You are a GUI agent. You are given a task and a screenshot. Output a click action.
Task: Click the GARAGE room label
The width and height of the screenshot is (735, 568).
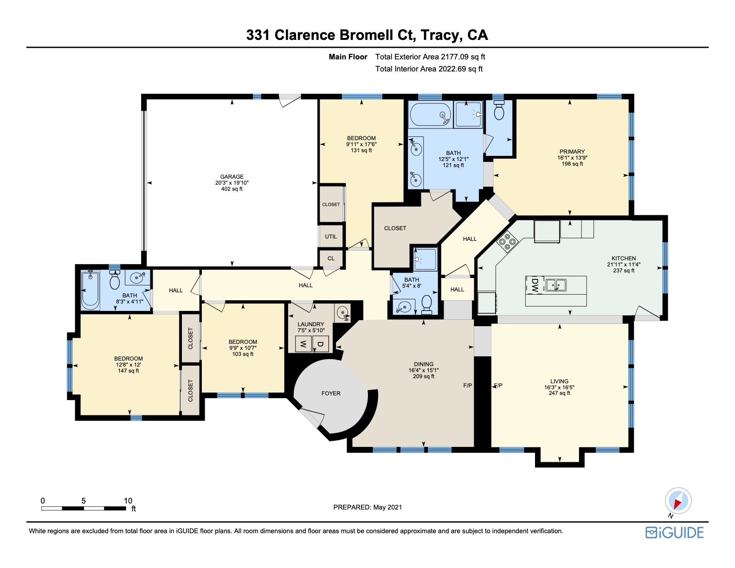point(232,177)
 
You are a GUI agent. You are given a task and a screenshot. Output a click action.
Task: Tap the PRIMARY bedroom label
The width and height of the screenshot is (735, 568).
point(572,152)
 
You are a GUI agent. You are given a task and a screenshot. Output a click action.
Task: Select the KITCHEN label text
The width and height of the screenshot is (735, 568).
point(624,258)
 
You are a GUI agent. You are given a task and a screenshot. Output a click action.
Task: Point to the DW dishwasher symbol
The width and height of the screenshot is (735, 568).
point(535,285)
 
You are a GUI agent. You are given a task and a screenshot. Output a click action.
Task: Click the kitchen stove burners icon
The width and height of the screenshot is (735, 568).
point(507,241)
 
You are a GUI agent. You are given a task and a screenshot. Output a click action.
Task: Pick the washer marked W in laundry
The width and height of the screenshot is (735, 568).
point(303,344)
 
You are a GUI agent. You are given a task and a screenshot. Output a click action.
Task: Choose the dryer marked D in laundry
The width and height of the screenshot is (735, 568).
point(321,344)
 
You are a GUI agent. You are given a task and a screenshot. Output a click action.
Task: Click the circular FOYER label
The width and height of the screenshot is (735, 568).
point(331,394)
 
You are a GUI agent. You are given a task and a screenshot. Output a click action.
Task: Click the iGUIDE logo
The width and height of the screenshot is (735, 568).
point(675,532)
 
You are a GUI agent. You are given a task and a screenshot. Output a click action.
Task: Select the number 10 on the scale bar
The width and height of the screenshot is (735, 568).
point(128,501)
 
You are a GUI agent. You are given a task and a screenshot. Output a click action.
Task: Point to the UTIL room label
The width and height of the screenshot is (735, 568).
point(331,237)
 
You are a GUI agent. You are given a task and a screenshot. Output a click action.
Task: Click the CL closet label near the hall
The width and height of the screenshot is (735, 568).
point(331,258)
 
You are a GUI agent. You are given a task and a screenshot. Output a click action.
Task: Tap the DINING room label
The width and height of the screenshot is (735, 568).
point(424,364)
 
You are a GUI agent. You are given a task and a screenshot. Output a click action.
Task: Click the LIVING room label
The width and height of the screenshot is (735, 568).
point(559,381)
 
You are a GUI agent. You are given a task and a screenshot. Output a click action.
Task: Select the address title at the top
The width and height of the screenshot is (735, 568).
point(367,35)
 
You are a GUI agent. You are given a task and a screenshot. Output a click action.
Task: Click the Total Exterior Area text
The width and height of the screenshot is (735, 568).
point(430,57)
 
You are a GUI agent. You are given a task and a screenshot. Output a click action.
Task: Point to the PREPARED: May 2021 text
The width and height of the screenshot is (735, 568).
point(367,507)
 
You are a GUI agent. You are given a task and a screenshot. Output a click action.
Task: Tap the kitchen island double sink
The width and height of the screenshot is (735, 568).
point(556,284)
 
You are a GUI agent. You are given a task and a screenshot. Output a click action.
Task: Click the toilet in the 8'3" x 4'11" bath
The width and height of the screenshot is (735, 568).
point(115,280)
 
